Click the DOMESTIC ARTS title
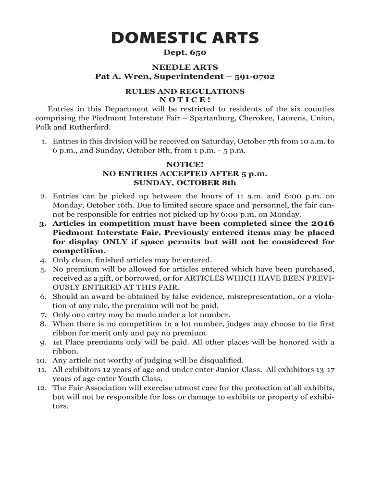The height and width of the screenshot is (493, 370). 185,38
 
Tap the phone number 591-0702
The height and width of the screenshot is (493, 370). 255,77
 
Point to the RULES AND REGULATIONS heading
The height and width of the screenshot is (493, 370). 185,91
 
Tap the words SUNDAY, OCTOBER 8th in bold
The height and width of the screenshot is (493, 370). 185,182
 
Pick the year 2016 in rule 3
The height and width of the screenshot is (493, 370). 323,223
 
